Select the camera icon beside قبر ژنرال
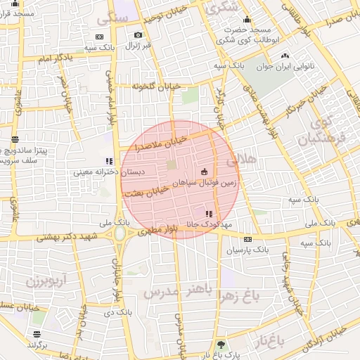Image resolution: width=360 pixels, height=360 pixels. [138, 35]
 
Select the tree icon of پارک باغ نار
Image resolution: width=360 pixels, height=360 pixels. [222, 345]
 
